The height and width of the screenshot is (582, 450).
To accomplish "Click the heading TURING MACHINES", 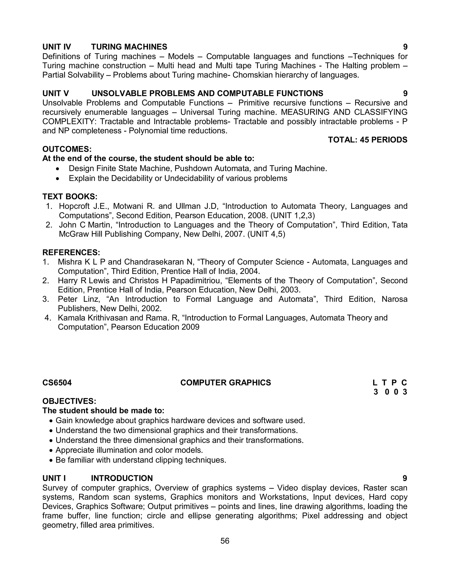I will pyautogui.click(x=129, y=47).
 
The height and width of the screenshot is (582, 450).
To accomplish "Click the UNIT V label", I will pyautogui.click(x=55, y=93).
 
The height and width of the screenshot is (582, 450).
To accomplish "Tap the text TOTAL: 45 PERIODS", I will pyautogui.click(x=367, y=140).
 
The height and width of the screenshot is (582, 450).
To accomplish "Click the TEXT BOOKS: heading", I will pyautogui.click(x=70, y=197).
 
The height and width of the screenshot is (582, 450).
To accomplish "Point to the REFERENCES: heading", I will pyautogui.click(x=71, y=252).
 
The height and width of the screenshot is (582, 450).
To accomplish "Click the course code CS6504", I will pyautogui.click(x=57, y=383).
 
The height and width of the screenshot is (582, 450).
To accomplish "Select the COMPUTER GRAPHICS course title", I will pyautogui.click(x=225, y=383).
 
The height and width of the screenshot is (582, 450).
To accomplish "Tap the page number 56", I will pyautogui.click(x=225, y=541).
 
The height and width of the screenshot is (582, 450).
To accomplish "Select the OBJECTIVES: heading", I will pyautogui.click(x=69, y=401).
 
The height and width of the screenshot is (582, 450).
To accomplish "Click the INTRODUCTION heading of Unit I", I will pyautogui.click(x=122, y=478).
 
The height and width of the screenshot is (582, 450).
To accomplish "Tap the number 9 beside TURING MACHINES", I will pyautogui.click(x=405, y=47).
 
